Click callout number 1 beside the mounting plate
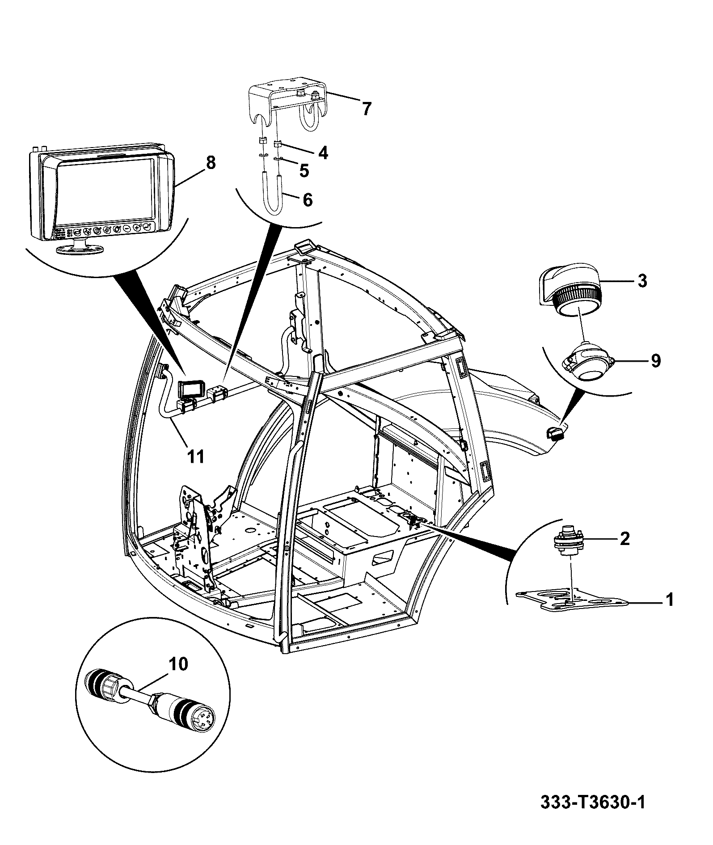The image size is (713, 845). pos(669,600)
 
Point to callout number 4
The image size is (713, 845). pos(323,153)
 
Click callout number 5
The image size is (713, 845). pos(304,170)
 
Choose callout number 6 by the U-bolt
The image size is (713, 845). pos(308,200)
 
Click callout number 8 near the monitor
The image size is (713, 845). pos(210,163)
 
